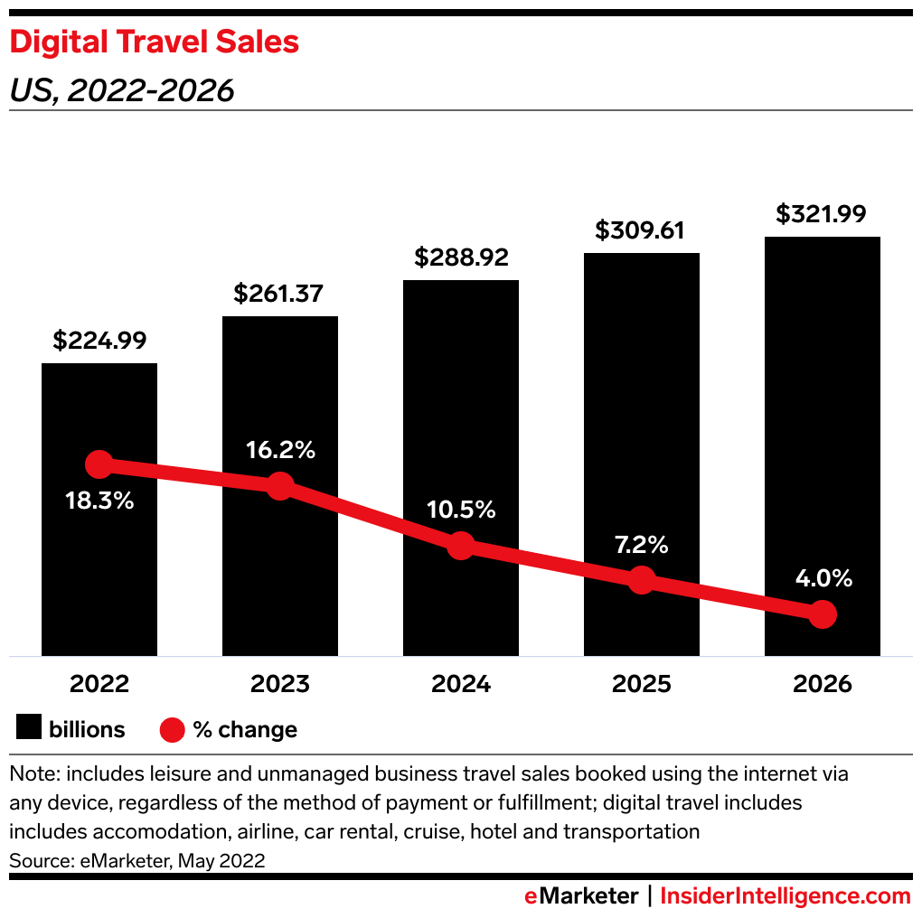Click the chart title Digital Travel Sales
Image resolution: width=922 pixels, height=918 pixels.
pyautogui.click(x=155, y=42)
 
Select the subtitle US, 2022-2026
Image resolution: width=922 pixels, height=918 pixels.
pyautogui.click(x=122, y=90)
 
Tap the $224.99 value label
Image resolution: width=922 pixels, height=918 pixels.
pyautogui.click(x=99, y=341)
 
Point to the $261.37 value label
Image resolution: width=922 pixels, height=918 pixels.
pyautogui.click(x=280, y=294)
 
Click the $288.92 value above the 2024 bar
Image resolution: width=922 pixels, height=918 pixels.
pyautogui.click(x=461, y=258)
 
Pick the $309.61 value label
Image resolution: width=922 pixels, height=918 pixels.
pyautogui.click(x=642, y=230)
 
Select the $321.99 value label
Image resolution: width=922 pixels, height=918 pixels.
pyautogui.click(x=822, y=214)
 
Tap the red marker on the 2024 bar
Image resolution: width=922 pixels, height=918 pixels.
pyautogui.click(x=461, y=546)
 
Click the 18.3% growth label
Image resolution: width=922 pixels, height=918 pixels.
pyautogui.click(x=99, y=501)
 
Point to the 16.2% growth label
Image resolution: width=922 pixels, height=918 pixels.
pyautogui.click(x=280, y=450)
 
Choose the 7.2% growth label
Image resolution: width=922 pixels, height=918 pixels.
pyautogui.click(x=642, y=545)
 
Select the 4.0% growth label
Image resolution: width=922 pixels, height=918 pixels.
pyautogui.click(x=822, y=579)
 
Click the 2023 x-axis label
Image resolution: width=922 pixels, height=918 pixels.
pyautogui.click(x=280, y=684)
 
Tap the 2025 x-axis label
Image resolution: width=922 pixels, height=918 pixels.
pyautogui.click(x=642, y=684)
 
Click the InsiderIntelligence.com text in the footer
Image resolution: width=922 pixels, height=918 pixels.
pyautogui.click(x=785, y=896)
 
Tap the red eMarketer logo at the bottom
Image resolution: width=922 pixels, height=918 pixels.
pyautogui.click(x=582, y=896)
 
